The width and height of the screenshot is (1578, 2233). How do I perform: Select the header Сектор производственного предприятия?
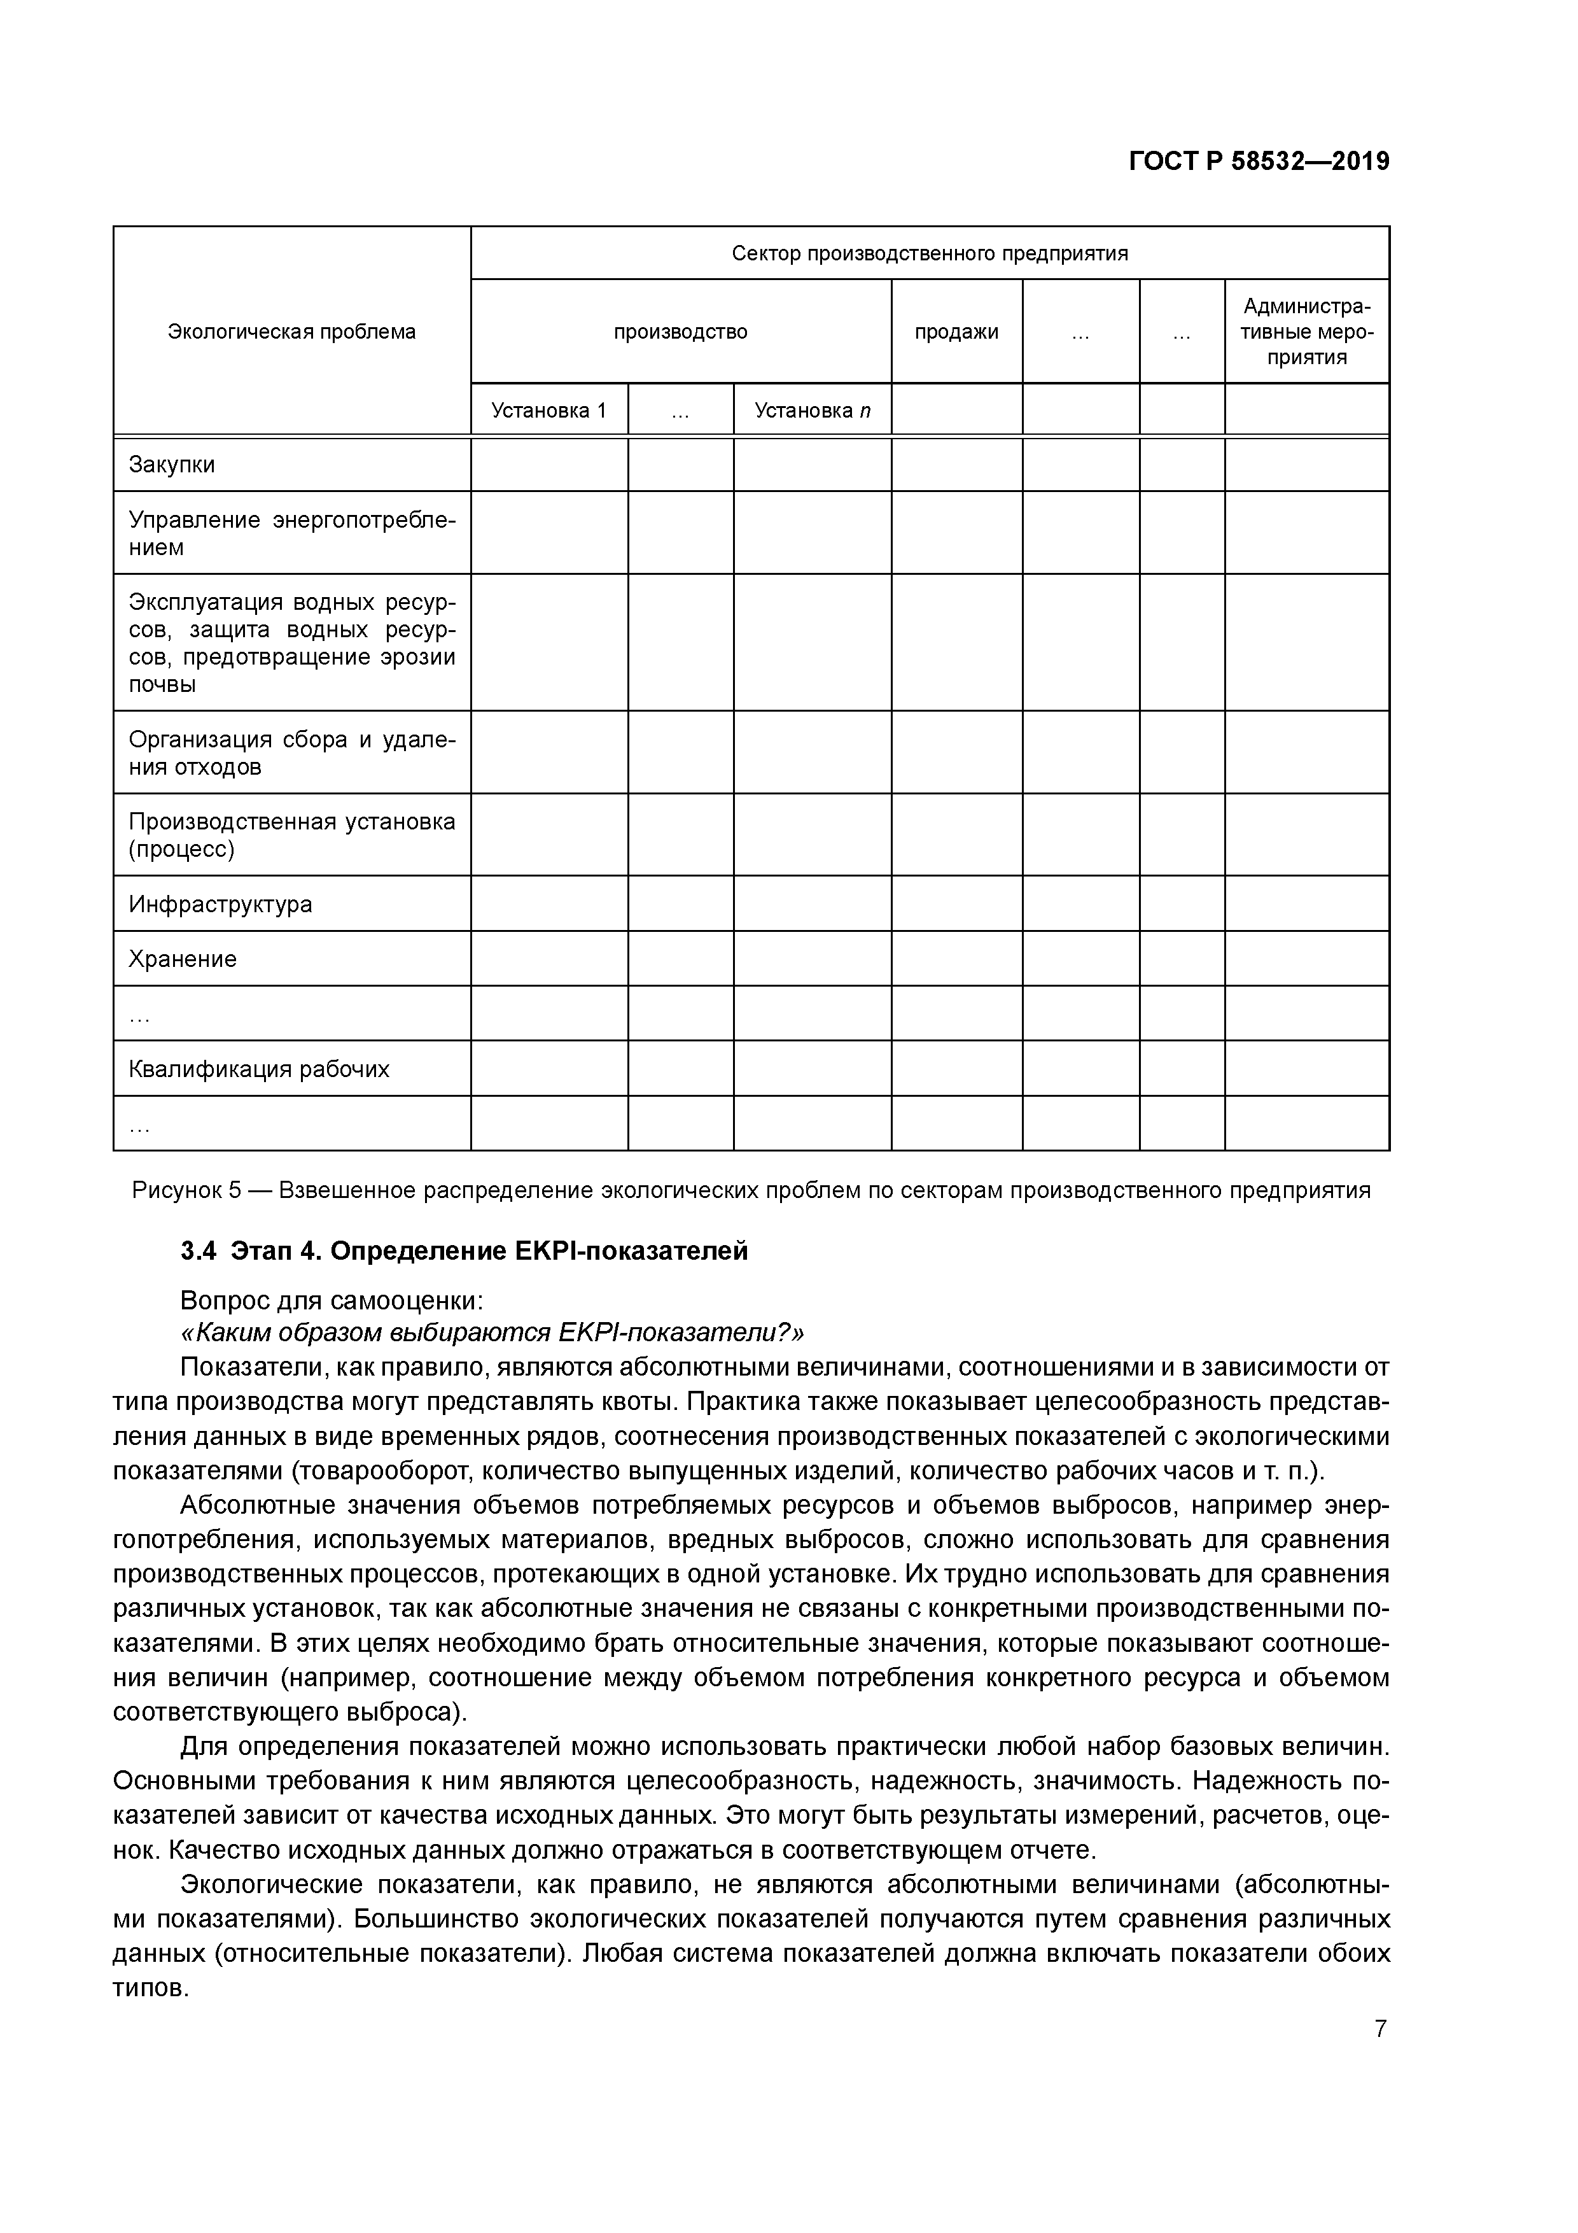tap(930, 254)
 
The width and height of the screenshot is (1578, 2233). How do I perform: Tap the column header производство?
tap(681, 332)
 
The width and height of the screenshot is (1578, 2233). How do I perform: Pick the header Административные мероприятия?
tap(1307, 332)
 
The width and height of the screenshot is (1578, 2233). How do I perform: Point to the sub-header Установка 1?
tap(548, 411)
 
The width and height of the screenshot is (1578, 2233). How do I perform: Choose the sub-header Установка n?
tap(812, 411)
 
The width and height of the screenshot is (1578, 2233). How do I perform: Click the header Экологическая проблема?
tap(291, 332)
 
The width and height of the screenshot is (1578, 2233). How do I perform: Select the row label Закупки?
tap(172, 465)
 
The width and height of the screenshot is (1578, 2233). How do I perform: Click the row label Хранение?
tap(183, 959)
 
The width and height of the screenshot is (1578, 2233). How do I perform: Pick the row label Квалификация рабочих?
tap(258, 1070)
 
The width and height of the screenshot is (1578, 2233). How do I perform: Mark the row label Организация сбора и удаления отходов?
tap(291, 753)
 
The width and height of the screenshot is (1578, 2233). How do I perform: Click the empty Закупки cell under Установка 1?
tap(548, 465)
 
